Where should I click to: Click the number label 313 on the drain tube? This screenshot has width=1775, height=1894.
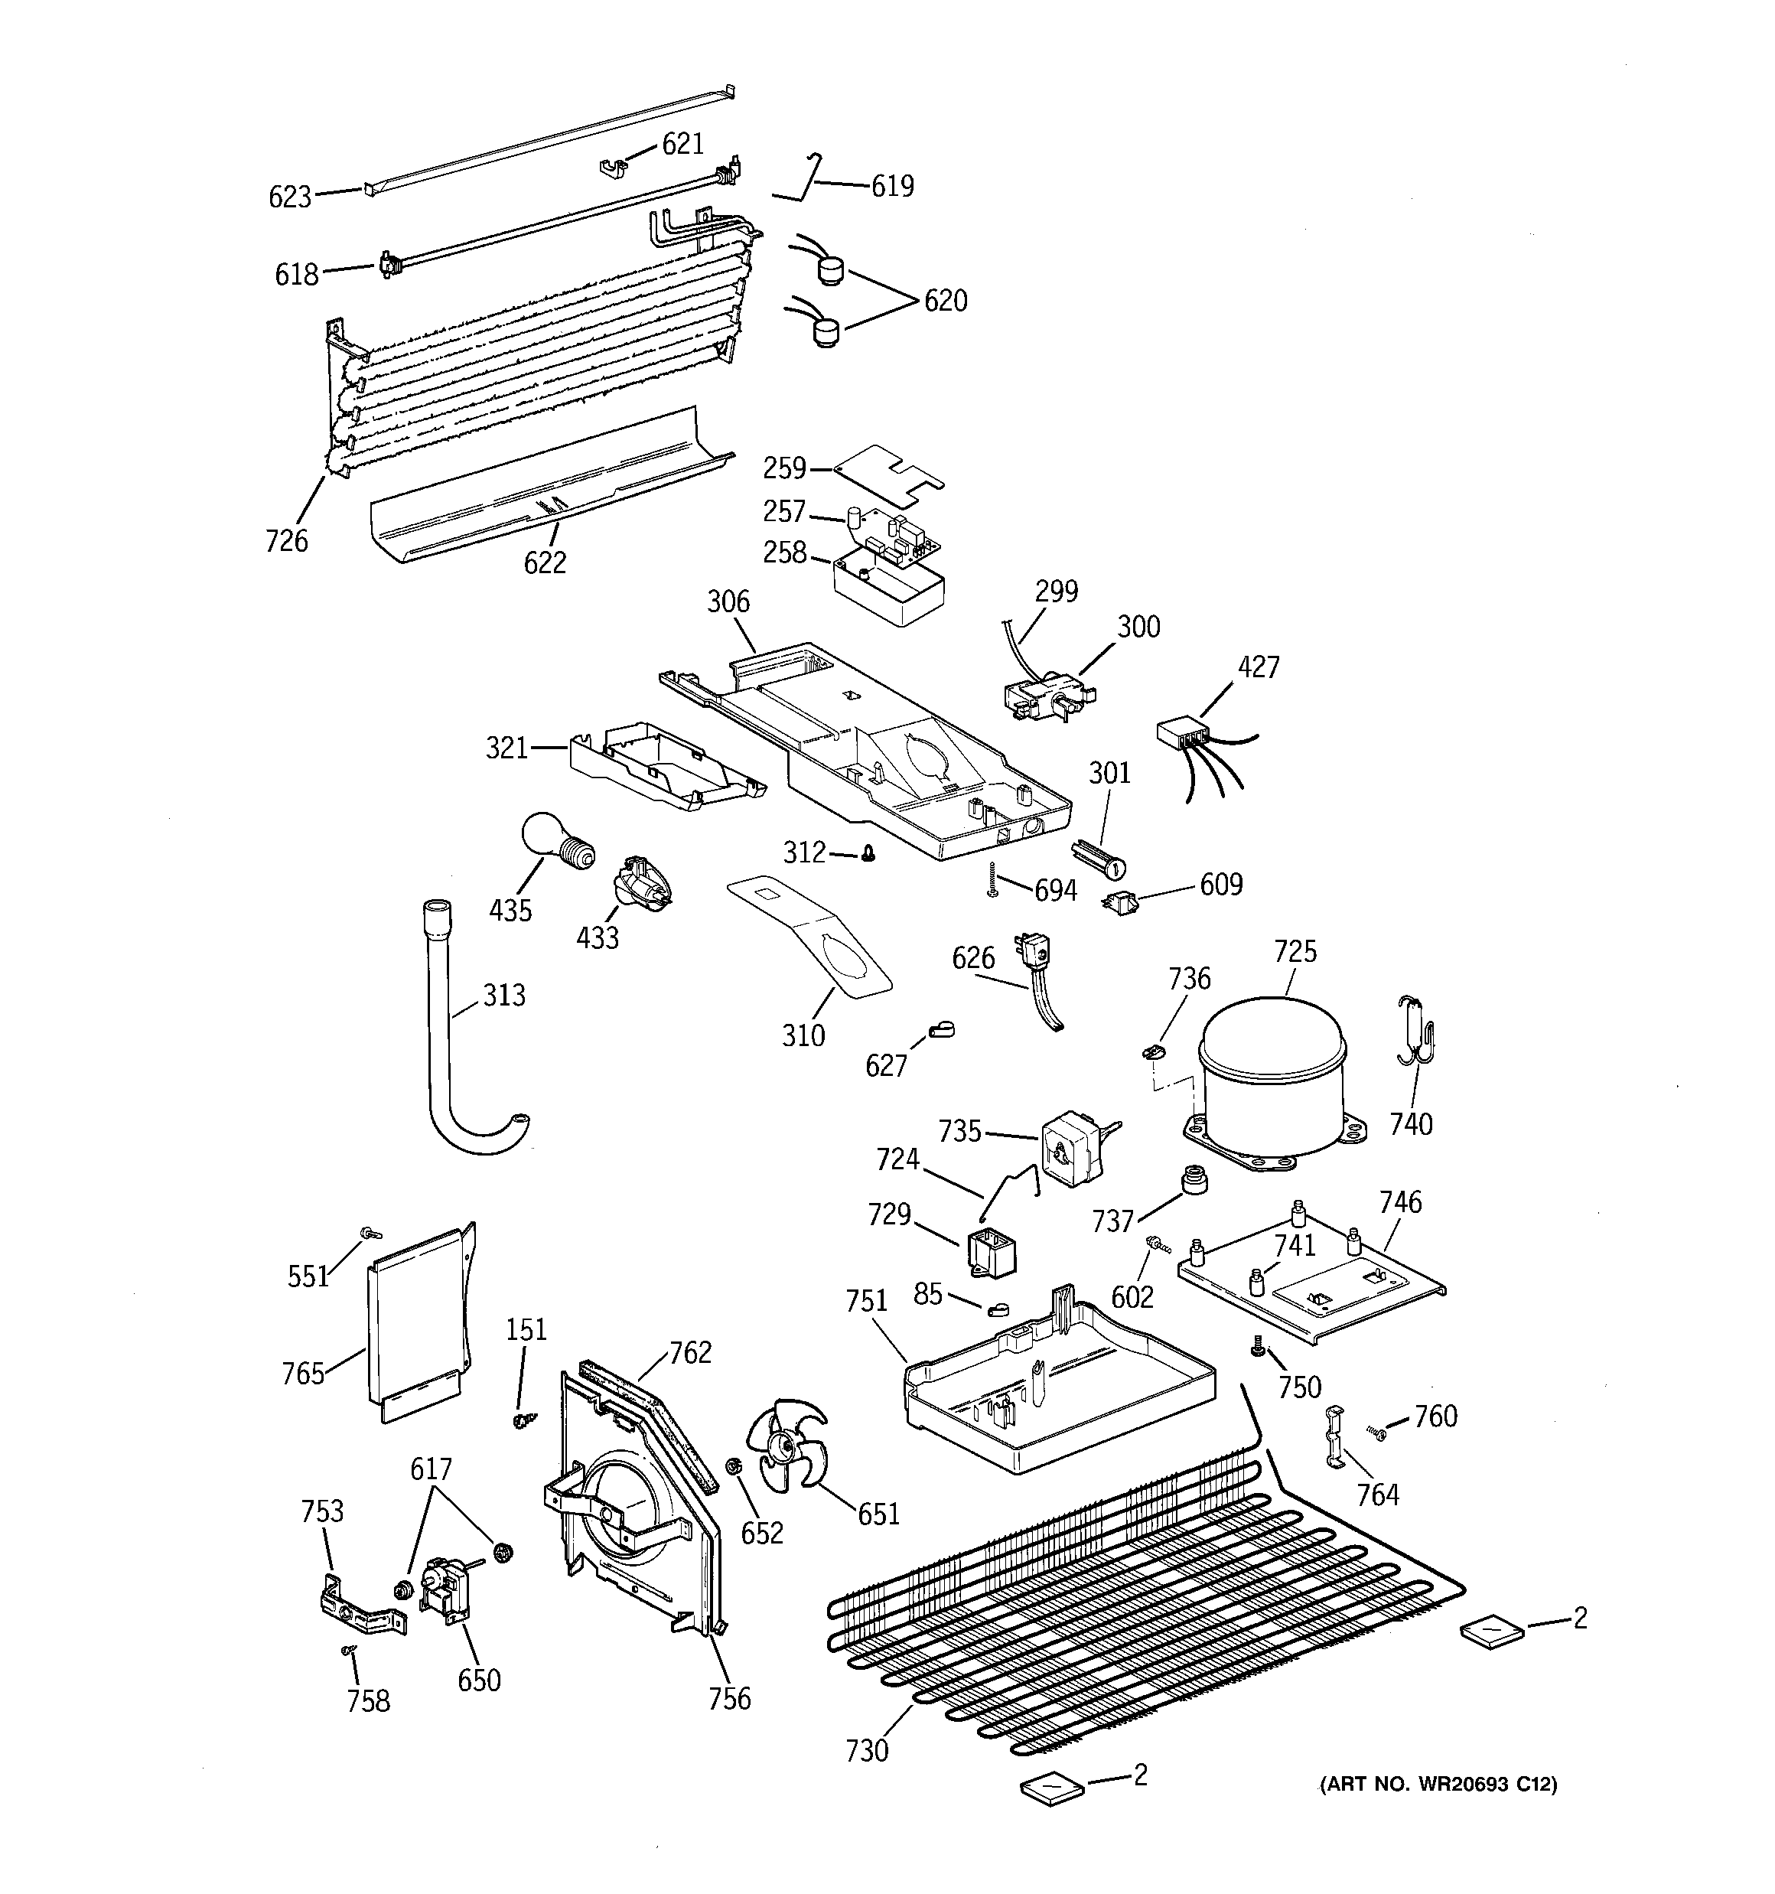503,996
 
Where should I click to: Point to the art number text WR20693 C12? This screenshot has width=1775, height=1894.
1438,1785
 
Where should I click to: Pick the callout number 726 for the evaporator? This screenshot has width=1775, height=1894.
287,541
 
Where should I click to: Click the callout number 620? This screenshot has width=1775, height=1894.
945,301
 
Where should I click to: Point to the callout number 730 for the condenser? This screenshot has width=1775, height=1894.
866,1751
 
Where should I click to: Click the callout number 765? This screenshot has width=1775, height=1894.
303,1373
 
